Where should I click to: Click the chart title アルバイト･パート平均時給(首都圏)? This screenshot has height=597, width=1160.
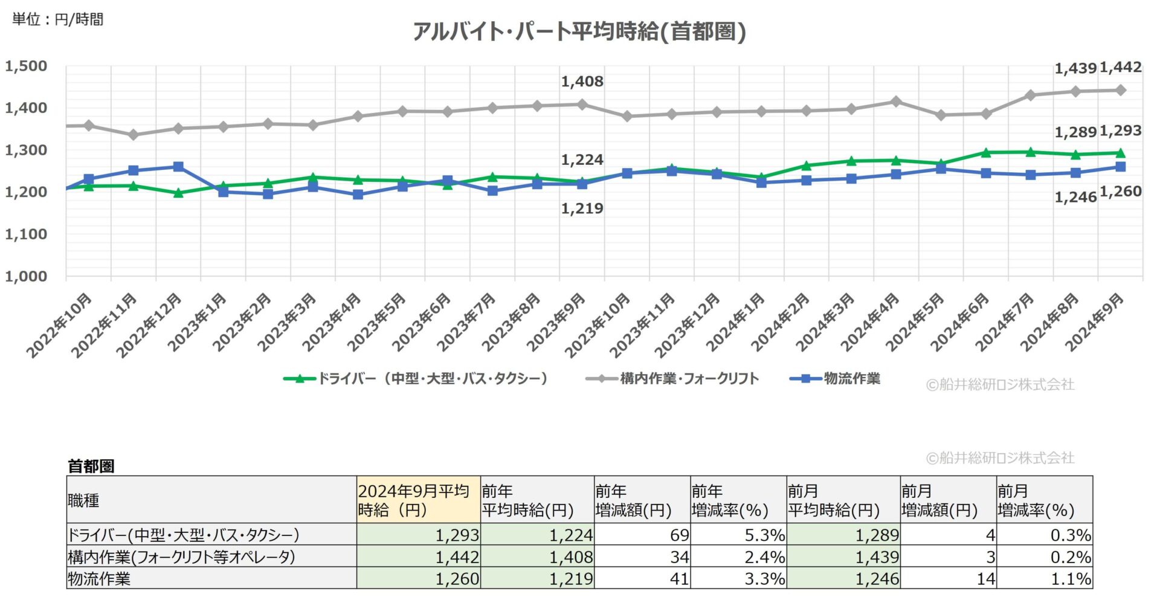coord(579,31)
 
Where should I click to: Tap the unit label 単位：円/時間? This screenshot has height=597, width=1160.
coord(57,19)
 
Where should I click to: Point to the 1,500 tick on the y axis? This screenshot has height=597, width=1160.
coord(26,66)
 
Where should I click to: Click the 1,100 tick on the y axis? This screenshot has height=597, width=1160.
coord(26,234)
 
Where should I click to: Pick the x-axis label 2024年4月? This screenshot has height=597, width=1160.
coord(871,323)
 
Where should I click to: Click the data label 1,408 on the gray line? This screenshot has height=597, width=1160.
coord(582,82)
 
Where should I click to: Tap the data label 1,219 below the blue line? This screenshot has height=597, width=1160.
coord(582,209)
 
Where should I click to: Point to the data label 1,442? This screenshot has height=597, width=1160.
coord(1120,68)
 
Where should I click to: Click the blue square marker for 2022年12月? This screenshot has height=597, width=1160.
coord(178,167)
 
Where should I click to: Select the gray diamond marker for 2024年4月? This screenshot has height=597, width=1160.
coord(896,102)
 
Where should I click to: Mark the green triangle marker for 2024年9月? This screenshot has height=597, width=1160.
coord(1120,153)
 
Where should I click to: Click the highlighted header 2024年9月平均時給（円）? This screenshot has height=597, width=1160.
coord(417,500)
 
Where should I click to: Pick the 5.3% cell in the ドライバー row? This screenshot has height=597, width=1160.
coord(738,535)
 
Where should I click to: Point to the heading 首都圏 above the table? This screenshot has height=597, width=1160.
coord(91,466)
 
